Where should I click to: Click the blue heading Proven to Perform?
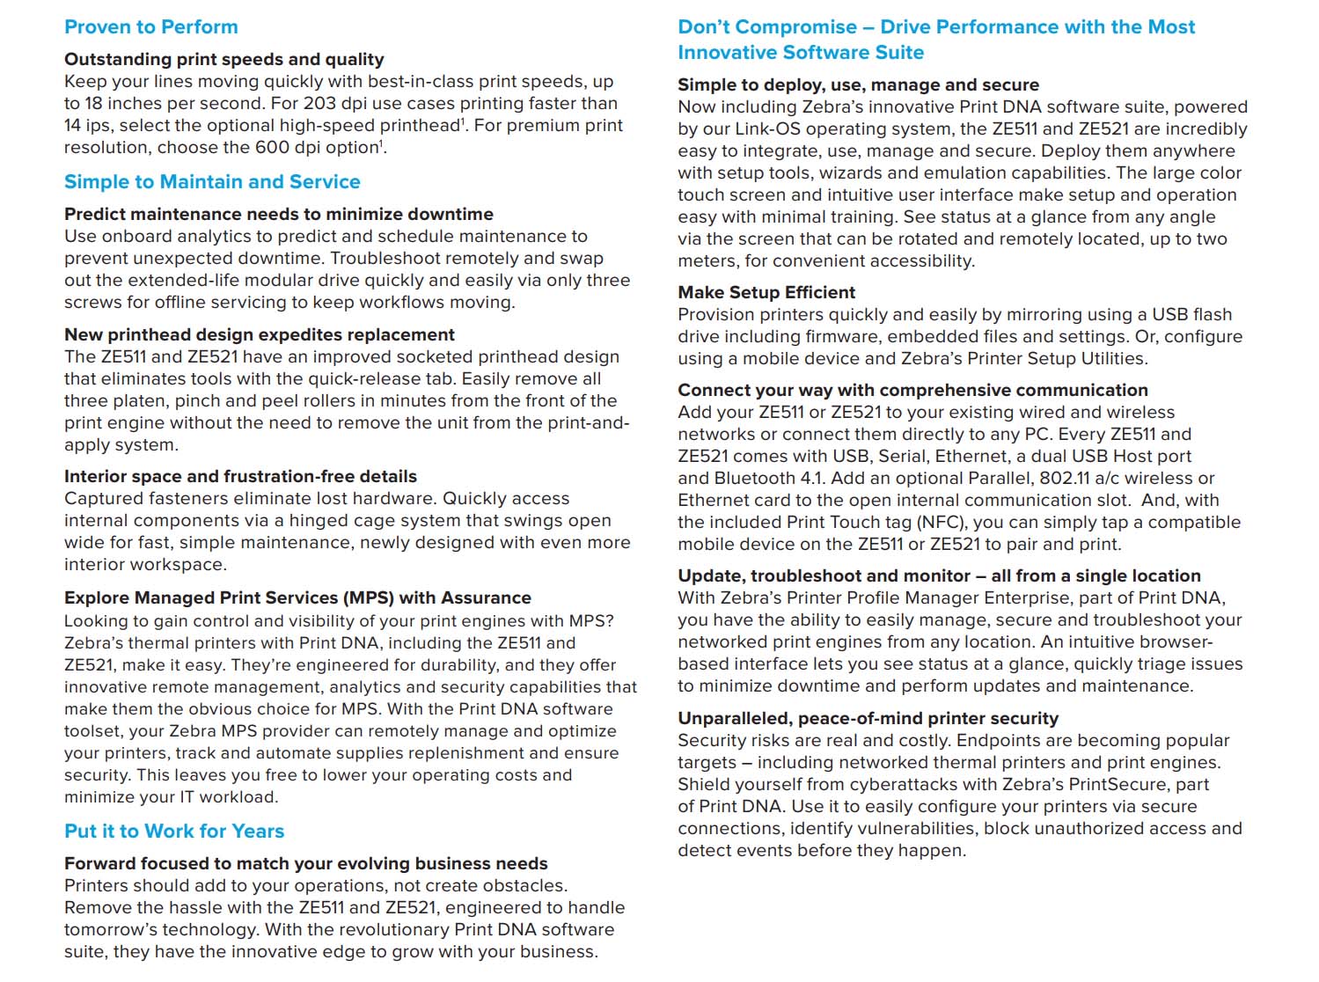(150, 27)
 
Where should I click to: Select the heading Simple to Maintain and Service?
(212, 182)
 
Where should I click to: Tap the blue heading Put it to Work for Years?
(174, 832)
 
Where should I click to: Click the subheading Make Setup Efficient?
(766, 293)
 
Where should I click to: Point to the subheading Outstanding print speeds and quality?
(223, 60)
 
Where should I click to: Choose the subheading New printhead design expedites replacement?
(260, 335)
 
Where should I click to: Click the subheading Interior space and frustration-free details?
(240, 477)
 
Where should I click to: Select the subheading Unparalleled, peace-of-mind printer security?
(868, 719)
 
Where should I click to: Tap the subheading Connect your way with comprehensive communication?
(912, 391)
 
